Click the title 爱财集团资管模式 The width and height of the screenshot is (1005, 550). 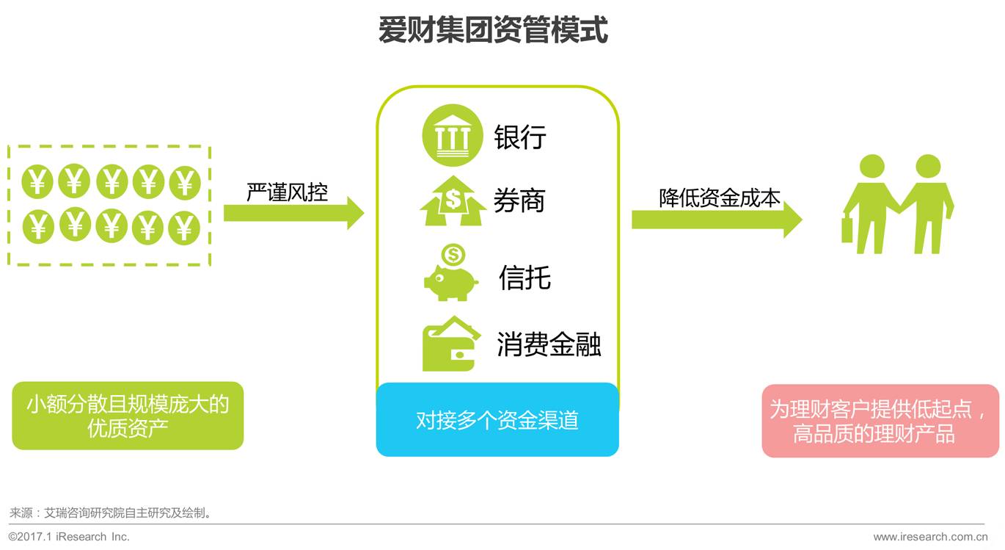(x=493, y=31)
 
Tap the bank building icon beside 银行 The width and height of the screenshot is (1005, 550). (x=453, y=135)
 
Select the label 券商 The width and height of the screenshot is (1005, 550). (x=519, y=200)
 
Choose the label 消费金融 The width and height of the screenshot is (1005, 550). (x=549, y=344)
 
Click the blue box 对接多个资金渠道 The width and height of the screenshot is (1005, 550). (x=497, y=420)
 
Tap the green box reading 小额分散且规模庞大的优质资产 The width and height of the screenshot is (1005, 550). (x=128, y=416)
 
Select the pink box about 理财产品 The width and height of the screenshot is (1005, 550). (x=880, y=421)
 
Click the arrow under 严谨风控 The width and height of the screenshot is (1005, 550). (x=293, y=213)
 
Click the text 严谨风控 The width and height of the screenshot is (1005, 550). (x=287, y=192)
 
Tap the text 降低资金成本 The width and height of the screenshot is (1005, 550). (x=719, y=198)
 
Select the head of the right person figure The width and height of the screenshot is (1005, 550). (x=928, y=167)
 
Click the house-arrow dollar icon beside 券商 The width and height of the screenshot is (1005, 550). (x=453, y=201)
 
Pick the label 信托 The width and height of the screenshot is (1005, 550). (x=525, y=278)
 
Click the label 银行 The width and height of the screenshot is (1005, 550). (x=520, y=137)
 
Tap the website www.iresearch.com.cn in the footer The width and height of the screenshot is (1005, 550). (x=930, y=537)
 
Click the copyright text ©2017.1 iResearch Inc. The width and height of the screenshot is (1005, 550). (x=69, y=537)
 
